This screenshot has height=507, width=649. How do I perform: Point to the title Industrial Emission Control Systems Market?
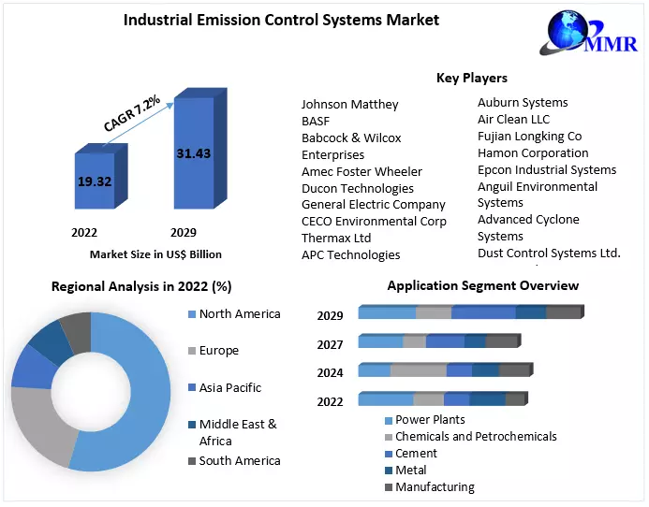point(281,20)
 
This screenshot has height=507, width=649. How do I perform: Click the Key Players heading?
point(471,78)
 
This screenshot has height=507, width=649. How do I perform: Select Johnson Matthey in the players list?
point(349,104)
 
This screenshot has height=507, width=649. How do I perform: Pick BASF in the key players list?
point(316,121)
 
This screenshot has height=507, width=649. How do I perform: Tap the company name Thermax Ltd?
point(336,238)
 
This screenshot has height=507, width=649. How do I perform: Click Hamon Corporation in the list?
point(533,152)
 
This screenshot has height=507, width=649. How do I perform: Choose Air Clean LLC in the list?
point(513,119)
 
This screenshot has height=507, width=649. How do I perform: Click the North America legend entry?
point(239,313)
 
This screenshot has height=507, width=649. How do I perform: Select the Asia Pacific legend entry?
point(229,387)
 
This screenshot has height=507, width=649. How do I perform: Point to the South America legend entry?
point(239,460)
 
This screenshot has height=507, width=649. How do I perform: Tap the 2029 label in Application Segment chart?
point(330,316)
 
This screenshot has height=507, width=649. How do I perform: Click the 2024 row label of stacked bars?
point(330,372)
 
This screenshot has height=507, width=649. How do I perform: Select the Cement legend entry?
point(416,453)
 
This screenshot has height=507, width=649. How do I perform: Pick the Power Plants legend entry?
point(430,420)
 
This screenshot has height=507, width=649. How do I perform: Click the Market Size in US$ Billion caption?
point(155,253)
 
